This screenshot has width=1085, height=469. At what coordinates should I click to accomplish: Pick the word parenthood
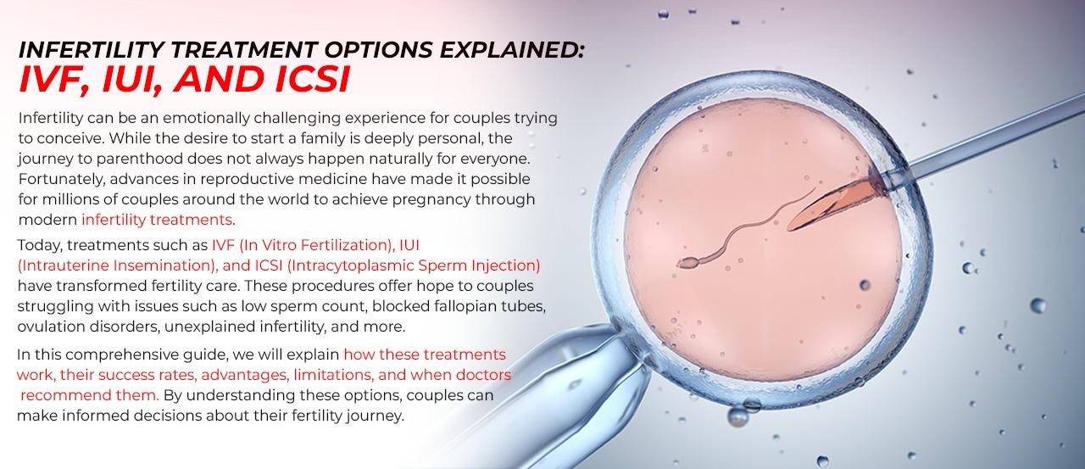click(x=122, y=159)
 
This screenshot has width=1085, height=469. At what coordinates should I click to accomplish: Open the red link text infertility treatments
click(x=157, y=221)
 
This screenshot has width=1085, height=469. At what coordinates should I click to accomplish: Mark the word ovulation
click(x=52, y=327)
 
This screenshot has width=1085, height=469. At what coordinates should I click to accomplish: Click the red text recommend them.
click(x=89, y=395)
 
